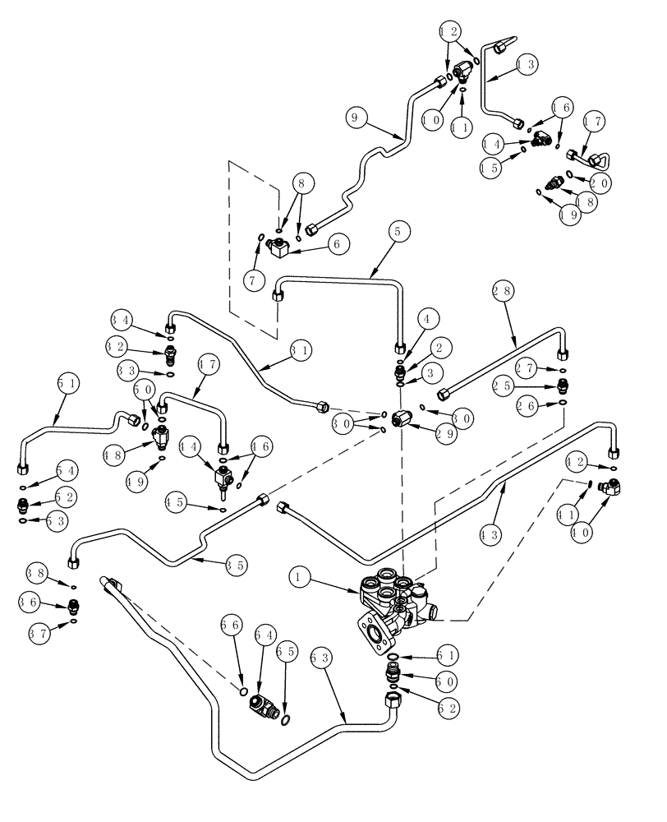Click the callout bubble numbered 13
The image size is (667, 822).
(527, 63)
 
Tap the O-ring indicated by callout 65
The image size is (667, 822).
(285, 721)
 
